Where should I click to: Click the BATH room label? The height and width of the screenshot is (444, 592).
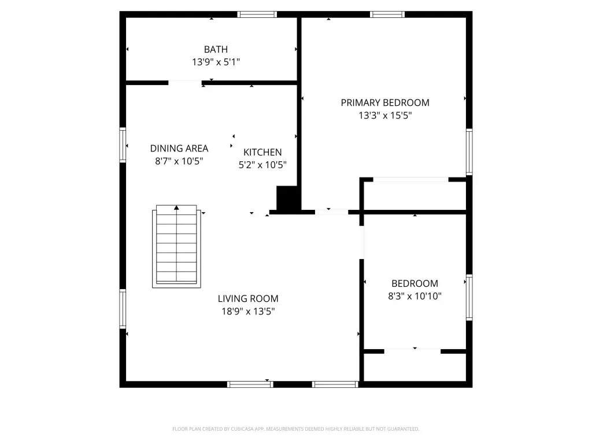pos(216,50)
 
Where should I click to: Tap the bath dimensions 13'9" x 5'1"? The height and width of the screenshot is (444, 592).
pos(216,62)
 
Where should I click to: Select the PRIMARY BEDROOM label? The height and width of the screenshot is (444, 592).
pos(384,103)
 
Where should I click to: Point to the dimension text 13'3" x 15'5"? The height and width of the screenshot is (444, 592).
pos(384,115)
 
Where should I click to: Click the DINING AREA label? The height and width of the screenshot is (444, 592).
pos(179,149)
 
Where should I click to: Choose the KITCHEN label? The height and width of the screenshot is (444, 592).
pos(262,152)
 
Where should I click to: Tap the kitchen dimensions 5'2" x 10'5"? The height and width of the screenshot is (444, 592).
pos(262,165)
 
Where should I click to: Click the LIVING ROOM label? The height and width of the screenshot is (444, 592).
pos(248,299)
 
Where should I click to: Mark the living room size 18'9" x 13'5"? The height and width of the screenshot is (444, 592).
pos(248,311)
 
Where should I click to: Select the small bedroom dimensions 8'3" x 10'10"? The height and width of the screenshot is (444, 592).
pos(415,296)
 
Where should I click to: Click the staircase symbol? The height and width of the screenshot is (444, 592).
pos(176,246)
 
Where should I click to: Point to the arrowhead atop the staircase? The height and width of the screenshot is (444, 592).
pos(176,208)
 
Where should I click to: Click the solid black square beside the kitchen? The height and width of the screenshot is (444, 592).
pos(288,198)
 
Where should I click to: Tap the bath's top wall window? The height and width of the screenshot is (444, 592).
pos(257,14)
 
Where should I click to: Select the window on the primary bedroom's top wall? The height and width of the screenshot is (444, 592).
pos(387,14)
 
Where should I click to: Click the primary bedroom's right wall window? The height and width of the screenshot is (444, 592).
pos(469,152)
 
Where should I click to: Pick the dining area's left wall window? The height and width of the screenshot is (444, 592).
pos(123,145)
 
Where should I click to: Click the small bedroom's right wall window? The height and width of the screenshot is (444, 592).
pos(469,298)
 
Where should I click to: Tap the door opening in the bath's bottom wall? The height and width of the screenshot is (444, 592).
pos(185,83)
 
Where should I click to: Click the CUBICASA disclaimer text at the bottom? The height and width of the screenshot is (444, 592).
pos(295,429)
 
